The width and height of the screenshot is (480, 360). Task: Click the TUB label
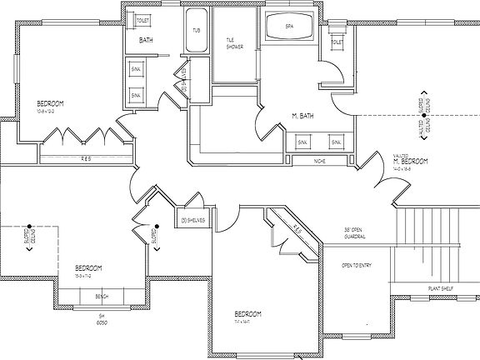click(197, 30)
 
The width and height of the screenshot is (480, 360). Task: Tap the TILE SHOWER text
click(235, 43)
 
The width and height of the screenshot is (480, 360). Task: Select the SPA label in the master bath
click(289, 26)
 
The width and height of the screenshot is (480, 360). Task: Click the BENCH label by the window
click(102, 297)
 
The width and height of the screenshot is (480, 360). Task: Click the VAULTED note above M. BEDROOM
click(401, 155)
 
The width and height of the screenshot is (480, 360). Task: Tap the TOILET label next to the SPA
click(337, 42)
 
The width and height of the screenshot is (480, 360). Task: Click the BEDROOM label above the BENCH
click(89, 268)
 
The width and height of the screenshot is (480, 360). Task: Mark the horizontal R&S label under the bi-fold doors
click(85, 158)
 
